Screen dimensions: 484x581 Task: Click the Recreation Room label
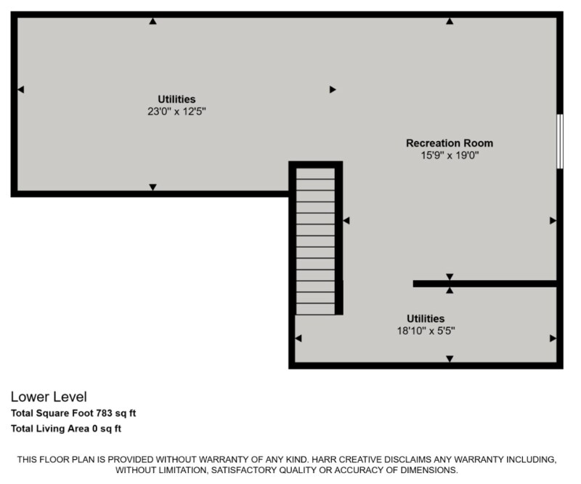449,143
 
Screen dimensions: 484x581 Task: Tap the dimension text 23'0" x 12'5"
176,112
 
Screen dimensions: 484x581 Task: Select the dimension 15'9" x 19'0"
450,155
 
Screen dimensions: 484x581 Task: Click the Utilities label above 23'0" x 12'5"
176,100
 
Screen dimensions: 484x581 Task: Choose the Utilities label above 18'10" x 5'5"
426,318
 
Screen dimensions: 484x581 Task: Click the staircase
315,240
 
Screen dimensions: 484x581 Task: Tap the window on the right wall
559,141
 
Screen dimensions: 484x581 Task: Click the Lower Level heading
49,397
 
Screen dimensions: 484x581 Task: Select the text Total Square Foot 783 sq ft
73,414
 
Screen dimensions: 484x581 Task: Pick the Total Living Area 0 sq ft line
66,429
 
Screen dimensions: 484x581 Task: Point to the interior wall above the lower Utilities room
484,283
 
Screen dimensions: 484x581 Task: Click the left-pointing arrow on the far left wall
20,89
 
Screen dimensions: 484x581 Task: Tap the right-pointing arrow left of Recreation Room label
333,89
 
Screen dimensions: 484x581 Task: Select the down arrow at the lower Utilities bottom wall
450,359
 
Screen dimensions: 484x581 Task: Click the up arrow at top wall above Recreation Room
450,22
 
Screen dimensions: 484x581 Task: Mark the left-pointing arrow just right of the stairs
346,220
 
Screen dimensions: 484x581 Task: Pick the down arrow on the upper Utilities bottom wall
153,187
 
